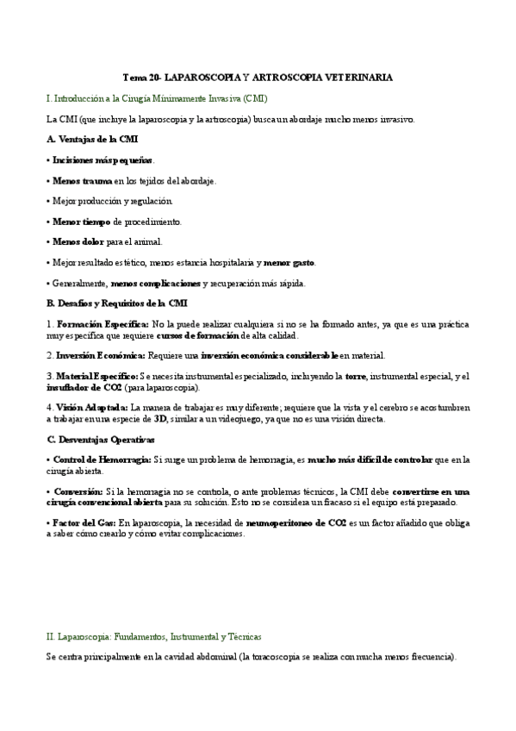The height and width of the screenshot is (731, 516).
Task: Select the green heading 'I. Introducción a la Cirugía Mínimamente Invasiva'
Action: tap(145, 98)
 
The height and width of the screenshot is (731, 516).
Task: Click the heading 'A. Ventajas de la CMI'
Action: tap(90, 139)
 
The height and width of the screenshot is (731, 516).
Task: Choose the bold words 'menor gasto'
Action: tap(289, 262)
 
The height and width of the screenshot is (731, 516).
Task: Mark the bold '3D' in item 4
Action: tap(159, 419)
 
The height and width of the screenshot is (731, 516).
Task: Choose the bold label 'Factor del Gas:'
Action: tap(84, 522)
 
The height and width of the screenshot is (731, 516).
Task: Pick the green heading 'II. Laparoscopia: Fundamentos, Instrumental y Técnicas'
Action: tap(153, 636)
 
